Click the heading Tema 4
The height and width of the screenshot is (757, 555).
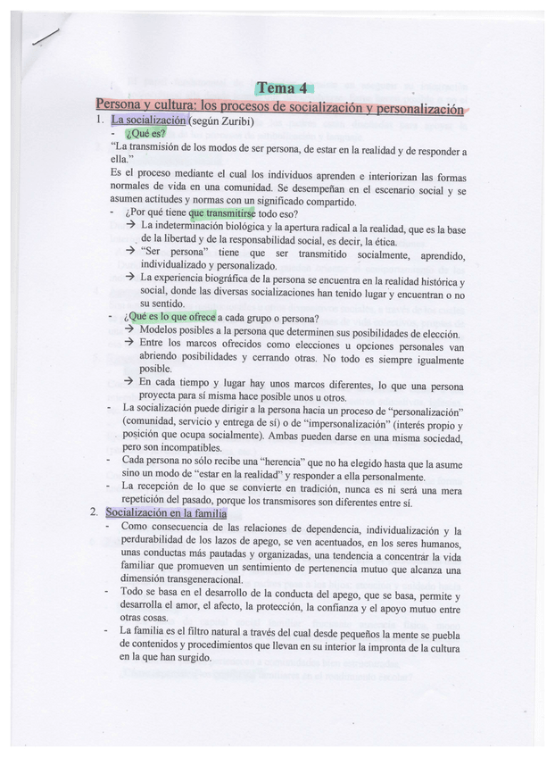point(282,87)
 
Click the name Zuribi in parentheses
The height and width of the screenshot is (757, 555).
point(243,120)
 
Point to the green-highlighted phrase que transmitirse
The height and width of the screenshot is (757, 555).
point(222,214)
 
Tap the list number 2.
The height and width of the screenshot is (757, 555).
point(94,513)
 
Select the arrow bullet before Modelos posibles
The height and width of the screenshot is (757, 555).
point(130,331)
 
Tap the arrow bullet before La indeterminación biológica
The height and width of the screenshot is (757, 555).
point(130,226)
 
